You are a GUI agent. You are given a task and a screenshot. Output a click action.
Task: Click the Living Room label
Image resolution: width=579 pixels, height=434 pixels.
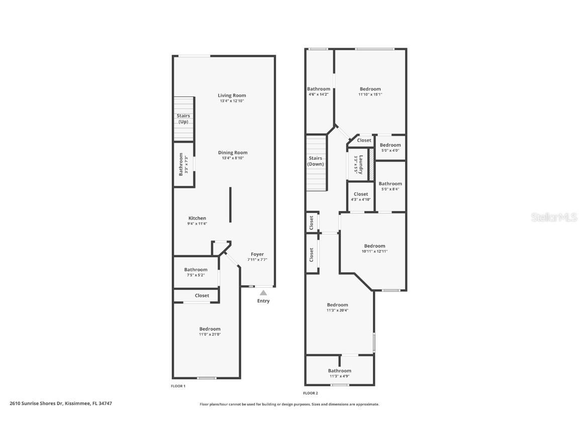[232, 95]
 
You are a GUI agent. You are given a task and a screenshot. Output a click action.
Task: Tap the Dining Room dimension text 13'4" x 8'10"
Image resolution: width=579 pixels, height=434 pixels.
[233, 158]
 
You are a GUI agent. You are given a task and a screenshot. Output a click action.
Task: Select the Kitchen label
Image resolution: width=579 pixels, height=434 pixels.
[197, 218]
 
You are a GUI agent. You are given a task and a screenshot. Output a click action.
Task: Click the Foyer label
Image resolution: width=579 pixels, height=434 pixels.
[257, 254]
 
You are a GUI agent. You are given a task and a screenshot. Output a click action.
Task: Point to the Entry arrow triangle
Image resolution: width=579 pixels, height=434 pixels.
[263, 293]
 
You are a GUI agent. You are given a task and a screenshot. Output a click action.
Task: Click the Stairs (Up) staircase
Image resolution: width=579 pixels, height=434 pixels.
[183, 119]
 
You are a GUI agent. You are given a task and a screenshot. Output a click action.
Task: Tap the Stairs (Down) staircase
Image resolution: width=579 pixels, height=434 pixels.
[317, 163]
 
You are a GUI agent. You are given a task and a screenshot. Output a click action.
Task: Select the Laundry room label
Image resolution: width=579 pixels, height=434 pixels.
[361, 164]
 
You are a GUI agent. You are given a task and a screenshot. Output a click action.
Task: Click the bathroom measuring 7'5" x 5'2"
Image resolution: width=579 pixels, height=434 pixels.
[196, 272]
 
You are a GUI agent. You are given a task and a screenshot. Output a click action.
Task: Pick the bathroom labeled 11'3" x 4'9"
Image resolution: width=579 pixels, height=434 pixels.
[339, 370]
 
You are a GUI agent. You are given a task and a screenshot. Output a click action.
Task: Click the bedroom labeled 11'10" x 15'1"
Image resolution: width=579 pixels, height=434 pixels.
[370, 91]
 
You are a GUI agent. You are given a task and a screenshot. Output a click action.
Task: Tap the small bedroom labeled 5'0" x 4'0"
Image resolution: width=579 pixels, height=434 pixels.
[391, 147]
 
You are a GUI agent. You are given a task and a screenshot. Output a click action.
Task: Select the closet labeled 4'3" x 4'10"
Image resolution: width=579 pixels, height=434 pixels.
[361, 196]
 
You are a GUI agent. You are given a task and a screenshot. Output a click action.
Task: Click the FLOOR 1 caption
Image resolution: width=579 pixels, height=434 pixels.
[178, 386]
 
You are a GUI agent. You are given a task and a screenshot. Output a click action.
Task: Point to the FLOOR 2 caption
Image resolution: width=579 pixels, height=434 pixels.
[311, 393]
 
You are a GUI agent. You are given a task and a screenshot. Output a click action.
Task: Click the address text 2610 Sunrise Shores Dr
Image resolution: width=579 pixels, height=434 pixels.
[36, 403]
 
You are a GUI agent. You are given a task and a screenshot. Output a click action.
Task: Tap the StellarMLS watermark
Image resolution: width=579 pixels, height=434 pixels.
[554, 217]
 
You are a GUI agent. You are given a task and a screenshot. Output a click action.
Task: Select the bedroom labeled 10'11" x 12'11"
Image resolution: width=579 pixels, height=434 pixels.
[374, 248]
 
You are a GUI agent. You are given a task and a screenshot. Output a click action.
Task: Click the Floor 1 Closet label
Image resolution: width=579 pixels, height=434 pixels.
[202, 295]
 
